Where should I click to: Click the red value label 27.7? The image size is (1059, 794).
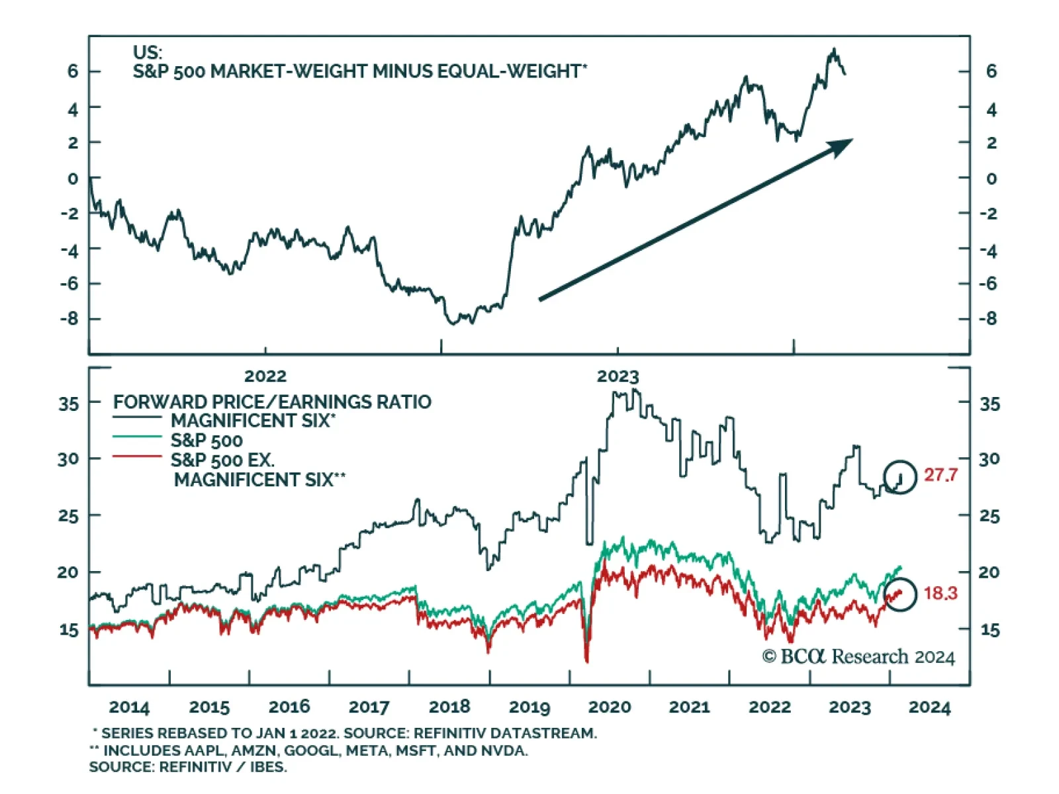(941, 475)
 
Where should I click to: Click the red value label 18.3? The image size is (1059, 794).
(941, 593)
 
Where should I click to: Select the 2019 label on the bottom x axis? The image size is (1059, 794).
(529, 707)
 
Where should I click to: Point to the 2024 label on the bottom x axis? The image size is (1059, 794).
(929, 707)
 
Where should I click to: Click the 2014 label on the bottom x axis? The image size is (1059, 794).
(129, 707)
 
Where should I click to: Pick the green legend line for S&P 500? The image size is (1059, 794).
(137, 437)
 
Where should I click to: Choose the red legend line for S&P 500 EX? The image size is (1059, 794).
(137, 457)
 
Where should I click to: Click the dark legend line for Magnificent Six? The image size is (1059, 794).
(137, 418)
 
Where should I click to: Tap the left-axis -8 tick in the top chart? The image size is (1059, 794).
(69, 318)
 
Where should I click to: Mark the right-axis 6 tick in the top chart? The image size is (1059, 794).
(991, 71)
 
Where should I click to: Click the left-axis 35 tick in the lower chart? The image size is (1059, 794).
(68, 403)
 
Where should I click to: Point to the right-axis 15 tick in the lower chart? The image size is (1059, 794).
(990, 629)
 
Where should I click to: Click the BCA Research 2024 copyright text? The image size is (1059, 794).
(858, 656)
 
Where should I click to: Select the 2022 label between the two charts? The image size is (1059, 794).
(265, 376)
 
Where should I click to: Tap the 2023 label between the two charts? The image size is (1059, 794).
(618, 376)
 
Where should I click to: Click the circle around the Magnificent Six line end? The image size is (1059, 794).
(900, 476)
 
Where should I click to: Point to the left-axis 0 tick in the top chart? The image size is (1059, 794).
(73, 178)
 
